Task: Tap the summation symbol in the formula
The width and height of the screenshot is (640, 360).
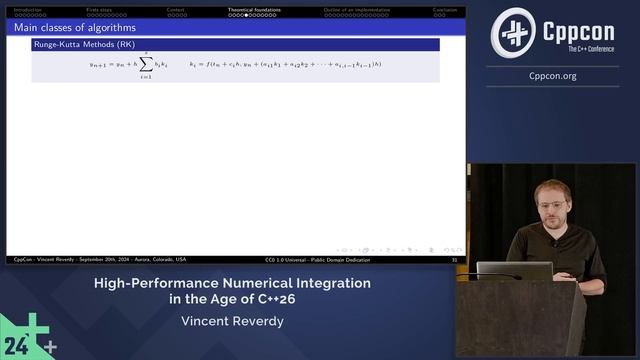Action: point(144,65)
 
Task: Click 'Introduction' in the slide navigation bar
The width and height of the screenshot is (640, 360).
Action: point(27,10)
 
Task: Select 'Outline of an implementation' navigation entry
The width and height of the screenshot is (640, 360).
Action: point(348,10)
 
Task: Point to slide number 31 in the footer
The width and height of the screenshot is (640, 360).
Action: point(454,259)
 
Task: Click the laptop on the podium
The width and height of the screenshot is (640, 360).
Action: point(514,270)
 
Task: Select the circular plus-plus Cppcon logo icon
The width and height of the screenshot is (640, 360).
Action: point(512,32)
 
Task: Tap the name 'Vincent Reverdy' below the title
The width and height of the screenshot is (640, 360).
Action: point(232,321)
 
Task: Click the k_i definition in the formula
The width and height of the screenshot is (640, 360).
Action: point(284,64)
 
